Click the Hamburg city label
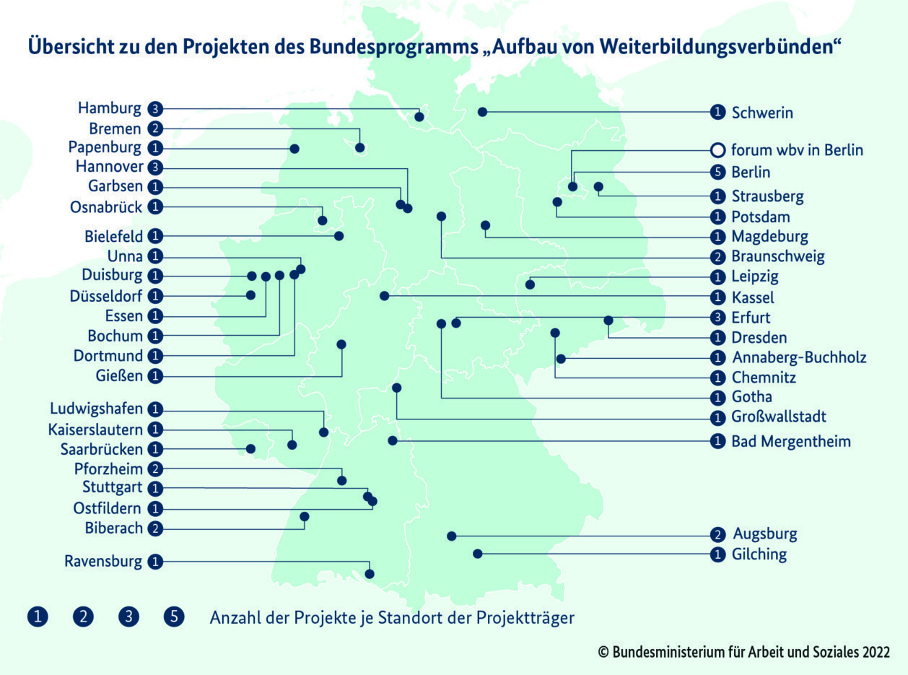click(x=110, y=109)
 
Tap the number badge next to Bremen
click(x=155, y=129)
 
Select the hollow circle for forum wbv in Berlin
click(x=717, y=150)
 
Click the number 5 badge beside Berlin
click(x=717, y=173)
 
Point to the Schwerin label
click(x=762, y=113)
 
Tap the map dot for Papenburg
click(x=294, y=148)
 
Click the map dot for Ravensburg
click(x=370, y=574)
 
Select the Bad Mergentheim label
click(x=791, y=441)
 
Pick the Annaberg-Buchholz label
click(x=799, y=357)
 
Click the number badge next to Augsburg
click(x=717, y=535)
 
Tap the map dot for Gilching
click(x=477, y=554)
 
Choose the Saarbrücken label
click(x=102, y=449)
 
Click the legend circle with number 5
click(x=175, y=617)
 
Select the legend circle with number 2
click(x=83, y=617)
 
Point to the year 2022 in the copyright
click(x=875, y=652)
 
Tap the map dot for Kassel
click(x=384, y=296)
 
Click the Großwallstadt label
click(x=779, y=417)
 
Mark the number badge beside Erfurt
click(x=717, y=318)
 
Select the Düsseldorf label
click(x=106, y=296)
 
